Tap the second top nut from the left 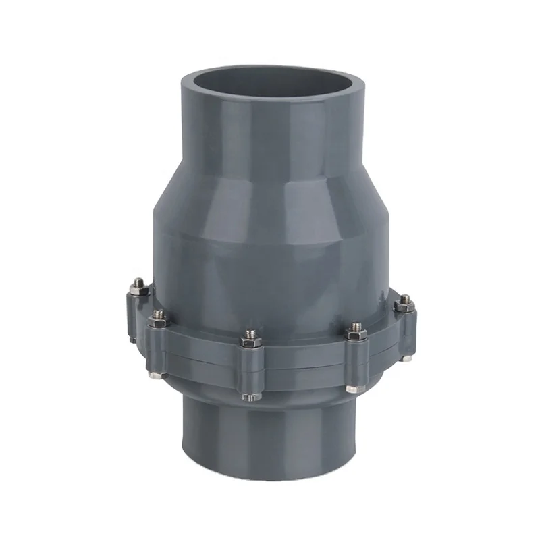(x=159, y=315)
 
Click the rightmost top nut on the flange (x=404, y=300)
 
